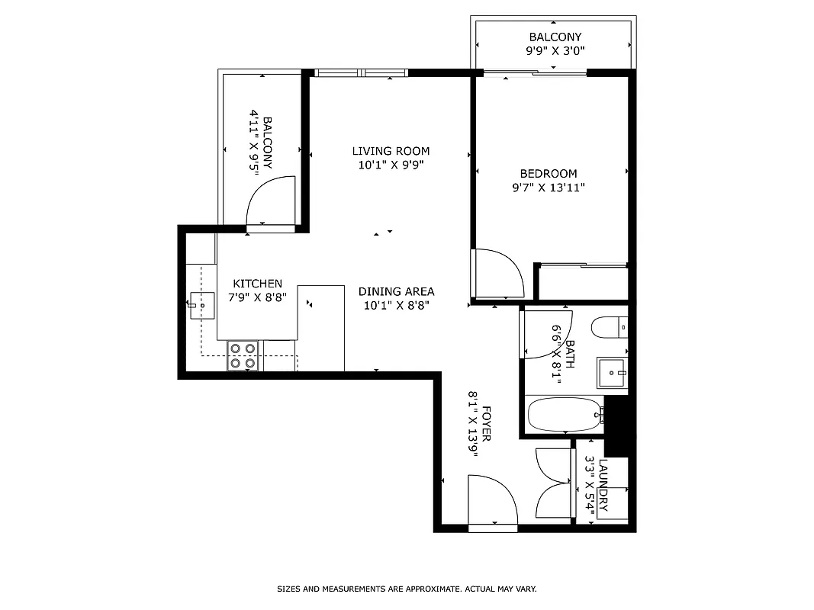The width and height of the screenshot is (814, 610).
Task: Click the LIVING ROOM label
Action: point(391,151)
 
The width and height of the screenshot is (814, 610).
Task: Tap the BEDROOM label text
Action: point(549,174)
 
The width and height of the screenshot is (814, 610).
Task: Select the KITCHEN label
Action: point(257,284)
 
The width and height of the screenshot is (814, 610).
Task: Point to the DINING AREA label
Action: point(396,291)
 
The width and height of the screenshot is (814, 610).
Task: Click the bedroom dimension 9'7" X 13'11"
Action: point(549,187)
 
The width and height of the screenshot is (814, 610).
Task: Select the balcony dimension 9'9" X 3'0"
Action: point(555,50)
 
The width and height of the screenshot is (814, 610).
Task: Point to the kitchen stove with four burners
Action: point(243,355)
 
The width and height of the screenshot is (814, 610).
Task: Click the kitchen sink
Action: point(202,305)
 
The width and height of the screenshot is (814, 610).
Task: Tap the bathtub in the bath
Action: point(564,415)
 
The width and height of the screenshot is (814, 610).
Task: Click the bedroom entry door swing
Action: point(497,273)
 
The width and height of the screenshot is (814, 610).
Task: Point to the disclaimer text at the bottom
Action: point(407,589)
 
